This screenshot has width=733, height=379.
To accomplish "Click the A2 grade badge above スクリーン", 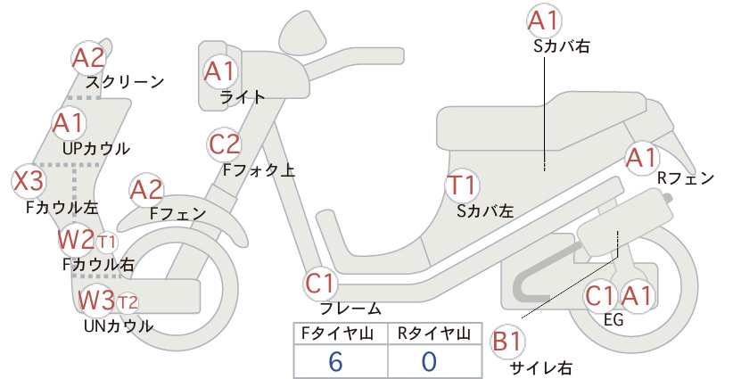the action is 89,57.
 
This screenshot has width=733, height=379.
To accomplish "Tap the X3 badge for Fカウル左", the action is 29,181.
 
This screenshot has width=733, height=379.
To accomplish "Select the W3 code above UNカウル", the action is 95,300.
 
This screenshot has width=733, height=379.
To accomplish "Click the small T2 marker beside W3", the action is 128,302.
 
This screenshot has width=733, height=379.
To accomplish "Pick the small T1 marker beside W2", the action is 107,243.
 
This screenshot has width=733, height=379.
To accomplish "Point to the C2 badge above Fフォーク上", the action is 224,144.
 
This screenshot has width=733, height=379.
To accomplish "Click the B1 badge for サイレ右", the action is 507,342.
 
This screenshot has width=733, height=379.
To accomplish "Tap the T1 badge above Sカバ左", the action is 462,185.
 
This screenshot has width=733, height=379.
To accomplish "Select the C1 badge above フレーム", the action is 320,284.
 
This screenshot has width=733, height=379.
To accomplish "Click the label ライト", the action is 243,97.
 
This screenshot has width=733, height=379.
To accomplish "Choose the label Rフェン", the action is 686,178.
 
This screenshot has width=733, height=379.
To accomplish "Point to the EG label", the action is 614,319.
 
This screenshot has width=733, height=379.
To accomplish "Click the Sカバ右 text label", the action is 562,45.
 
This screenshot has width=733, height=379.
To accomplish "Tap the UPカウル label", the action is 96,149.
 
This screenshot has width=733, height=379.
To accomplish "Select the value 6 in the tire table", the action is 335,361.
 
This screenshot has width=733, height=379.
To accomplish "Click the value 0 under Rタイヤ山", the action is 429,361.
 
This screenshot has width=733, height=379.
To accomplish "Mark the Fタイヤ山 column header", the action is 337,334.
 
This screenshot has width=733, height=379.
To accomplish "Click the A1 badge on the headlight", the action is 220,71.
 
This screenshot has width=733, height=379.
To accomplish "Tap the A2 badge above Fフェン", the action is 146,190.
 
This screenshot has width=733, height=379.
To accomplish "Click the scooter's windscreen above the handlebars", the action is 303,29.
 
